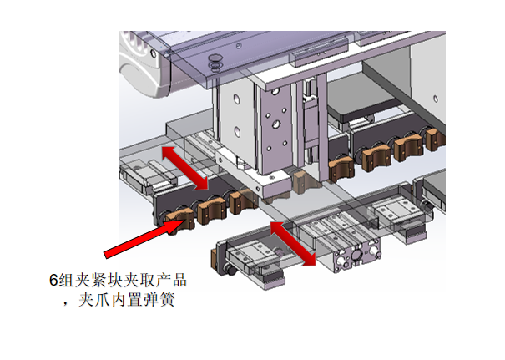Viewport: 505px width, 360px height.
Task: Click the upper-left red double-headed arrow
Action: click(186, 166)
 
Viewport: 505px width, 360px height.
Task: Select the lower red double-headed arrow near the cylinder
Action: click(293, 243)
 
